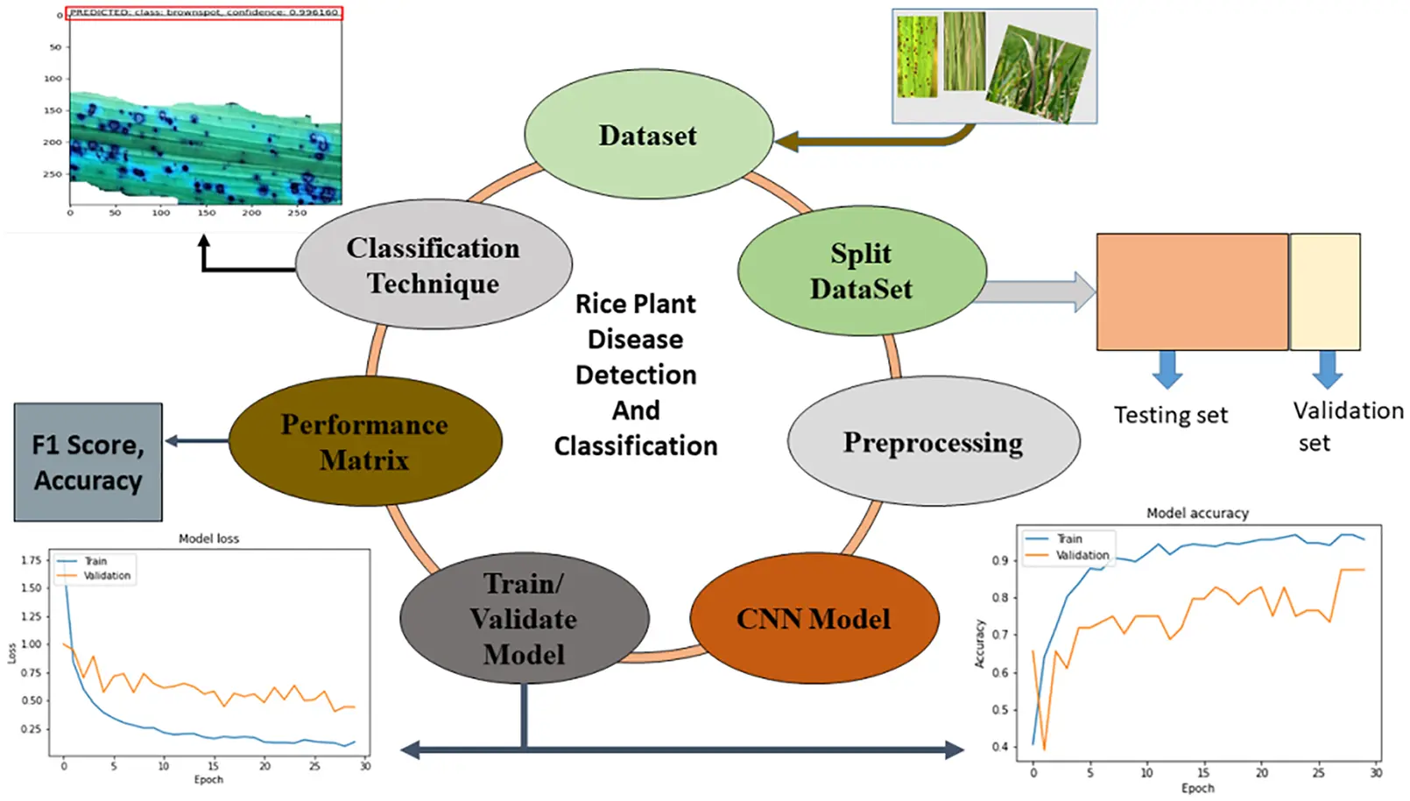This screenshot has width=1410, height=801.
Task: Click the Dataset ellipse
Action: pos(648,135)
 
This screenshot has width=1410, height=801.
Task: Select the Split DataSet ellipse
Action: pos(862,271)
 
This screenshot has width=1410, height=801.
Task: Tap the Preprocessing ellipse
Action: pos(933,441)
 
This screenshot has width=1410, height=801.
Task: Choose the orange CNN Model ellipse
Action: pos(814,618)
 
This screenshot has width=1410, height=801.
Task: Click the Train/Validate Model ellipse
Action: pos(524,618)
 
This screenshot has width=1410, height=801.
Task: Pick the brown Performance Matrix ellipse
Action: pos(364,441)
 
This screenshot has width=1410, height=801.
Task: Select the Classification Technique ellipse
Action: pos(434,264)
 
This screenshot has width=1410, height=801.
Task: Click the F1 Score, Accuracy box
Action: pos(88,462)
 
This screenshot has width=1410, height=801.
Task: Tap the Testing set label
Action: pos(1170,415)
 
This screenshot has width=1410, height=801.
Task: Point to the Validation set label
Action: pos(1347,425)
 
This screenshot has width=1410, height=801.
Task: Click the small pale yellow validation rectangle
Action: pos(1324,292)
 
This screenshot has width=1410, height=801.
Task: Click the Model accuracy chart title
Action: pos(1197,513)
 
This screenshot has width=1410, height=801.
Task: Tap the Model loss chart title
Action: pos(208,538)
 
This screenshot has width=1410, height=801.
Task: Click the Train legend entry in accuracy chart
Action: pos(1068,539)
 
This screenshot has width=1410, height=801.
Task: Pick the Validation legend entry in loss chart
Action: pos(107,576)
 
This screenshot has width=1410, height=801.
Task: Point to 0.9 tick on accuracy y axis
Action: pos(999,560)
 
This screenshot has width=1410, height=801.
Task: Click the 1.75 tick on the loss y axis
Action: pos(31,560)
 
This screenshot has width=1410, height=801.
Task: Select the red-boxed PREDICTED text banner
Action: pos(204,13)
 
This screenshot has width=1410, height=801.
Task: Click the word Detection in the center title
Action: pos(636,375)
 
